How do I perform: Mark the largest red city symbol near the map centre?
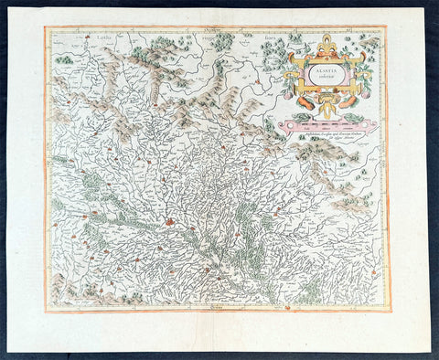coord(169,220)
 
